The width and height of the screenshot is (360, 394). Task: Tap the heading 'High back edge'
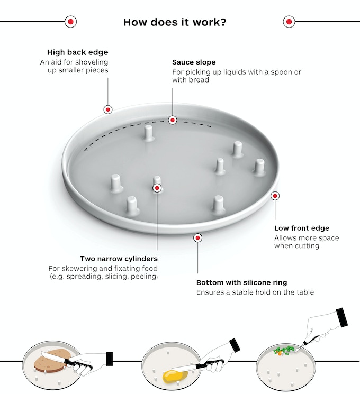77,52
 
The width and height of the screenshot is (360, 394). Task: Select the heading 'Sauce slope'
194,62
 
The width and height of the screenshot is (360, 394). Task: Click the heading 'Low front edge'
302,228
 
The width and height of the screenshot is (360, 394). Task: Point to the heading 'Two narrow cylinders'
119,259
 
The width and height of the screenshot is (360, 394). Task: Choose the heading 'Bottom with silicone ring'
241,282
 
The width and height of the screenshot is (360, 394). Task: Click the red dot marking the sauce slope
172,120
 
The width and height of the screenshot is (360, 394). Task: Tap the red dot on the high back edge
108,109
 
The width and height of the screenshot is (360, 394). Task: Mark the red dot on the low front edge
275,196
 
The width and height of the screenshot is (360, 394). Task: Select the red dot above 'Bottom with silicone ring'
197,238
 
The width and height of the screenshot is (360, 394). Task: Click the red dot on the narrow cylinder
157,187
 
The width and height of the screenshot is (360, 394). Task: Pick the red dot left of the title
70,22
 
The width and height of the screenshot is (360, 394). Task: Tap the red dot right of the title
289,22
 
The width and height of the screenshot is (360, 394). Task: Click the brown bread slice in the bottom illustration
51,361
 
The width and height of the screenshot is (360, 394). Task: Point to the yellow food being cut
173,376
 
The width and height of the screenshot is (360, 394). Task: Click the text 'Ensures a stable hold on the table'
255,292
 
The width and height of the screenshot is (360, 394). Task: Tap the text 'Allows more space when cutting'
298,242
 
